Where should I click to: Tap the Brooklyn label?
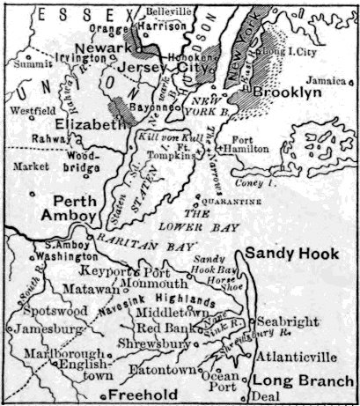point(283,91)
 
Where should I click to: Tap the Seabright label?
point(287,323)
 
